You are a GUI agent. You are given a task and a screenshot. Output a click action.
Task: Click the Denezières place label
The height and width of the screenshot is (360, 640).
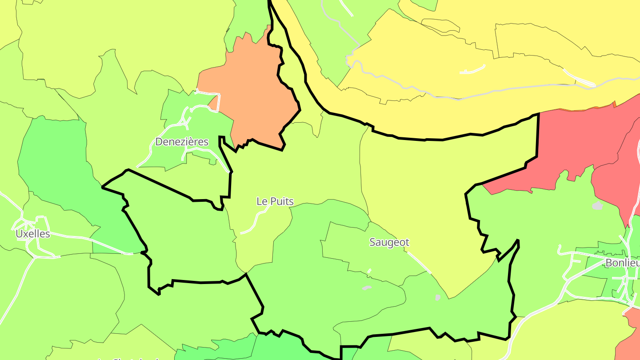(x=181, y=142)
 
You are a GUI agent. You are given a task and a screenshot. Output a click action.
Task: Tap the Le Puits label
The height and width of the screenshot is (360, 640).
(x=275, y=201)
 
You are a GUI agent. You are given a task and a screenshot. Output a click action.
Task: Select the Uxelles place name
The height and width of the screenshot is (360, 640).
(x=32, y=234)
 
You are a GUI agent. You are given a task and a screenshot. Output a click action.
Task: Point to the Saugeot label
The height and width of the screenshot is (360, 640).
(x=389, y=242)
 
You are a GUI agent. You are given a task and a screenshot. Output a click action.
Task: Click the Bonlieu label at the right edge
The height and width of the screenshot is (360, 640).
(x=622, y=263)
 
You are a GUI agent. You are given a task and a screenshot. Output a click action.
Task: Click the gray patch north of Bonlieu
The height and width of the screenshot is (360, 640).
(x=597, y=205)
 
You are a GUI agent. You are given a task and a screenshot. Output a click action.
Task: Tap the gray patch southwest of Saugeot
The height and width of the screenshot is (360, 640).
(x=367, y=288)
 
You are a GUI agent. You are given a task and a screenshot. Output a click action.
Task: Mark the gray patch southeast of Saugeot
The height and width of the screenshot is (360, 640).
(x=438, y=297)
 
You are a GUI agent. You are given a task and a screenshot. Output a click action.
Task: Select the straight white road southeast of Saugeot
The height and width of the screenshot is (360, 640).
(x=419, y=262)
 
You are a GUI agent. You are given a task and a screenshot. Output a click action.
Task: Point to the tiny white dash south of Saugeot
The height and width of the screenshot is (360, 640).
(x=369, y=270)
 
